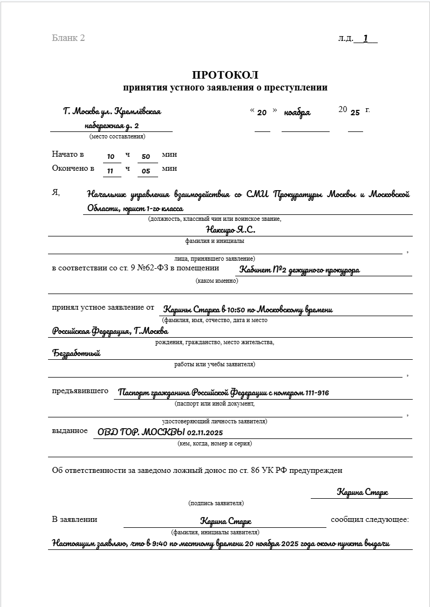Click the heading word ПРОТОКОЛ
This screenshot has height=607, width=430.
pyautogui.click(x=225, y=75)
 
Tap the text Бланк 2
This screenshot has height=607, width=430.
pyautogui.click(x=69, y=38)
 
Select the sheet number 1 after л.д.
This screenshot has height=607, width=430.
pyautogui.click(x=366, y=38)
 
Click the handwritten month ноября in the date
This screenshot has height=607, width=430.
pyautogui.click(x=297, y=113)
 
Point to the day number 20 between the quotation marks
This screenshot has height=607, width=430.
pyautogui.click(x=262, y=113)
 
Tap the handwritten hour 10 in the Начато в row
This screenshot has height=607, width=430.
pyautogui.click(x=111, y=157)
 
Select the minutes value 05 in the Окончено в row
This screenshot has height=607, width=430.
pyautogui.click(x=146, y=171)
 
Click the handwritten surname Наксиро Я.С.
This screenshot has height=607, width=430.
pyautogui.click(x=230, y=230)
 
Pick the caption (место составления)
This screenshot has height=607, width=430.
pyautogui.click(x=117, y=136)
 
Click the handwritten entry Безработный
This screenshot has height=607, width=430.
pyautogui.click(x=77, y=353)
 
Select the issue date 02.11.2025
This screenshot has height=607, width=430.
pyautogui.click(x=206, y=432)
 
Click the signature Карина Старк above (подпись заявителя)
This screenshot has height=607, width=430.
pyautogui.click(x=362, y=492)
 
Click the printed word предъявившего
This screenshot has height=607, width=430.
pyautogui.click(x=80, y=391)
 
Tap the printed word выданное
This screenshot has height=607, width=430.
pyautogui.click(x=70, y=430)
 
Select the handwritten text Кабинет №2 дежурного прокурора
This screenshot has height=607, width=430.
pyautogui.click(x=299, y=270)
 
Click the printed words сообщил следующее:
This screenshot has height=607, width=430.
pyautogui.click(x=370, y=520)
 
